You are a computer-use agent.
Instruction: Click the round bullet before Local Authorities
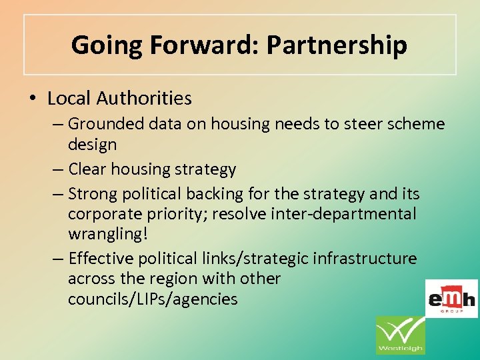click(x=33, y=99)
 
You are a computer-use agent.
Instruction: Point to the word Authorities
click(x=144, y=99)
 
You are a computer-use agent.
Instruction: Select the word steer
click(x=361, y=124)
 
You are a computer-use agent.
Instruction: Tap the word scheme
click(x=415, y=124)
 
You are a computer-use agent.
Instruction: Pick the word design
click(x=92, y=145)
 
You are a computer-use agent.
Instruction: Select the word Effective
click(x=101, y=258)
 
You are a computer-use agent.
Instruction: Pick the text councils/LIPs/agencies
click(x=153, y=299)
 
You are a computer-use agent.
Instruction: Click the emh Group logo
click(x=451, y=299)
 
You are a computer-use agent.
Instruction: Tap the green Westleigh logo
click(x=400, y=335)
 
